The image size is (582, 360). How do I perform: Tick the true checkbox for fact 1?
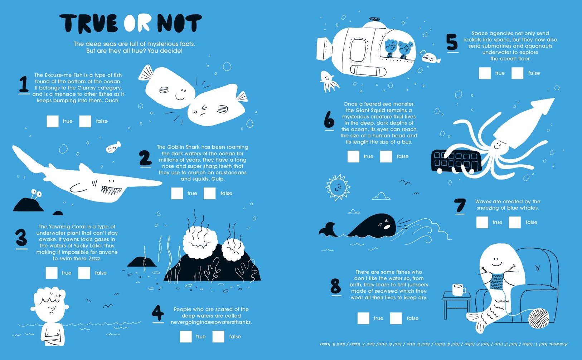pyautogui.click(x=53, y=121)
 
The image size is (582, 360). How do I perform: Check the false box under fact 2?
pyautogui.click(x=210, y=193)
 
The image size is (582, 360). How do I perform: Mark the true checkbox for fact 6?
pyautogui.click(x=353, y=156)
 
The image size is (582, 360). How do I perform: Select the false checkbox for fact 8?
pyautogui.click(x=396, y=318)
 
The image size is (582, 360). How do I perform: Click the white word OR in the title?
pyautogui.click(x=137, y=23)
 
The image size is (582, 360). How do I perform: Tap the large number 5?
pyautogui.click(x=452, y=42)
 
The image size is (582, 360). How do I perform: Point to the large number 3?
pyautogui.click(x=21, y=237)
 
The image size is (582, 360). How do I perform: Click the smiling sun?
pyautogui.click(x=338, y=187)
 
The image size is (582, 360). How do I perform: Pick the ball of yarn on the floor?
pyautogui.click(x=539, y=318)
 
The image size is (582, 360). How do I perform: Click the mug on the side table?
pyautogui.click(x=459, y=290)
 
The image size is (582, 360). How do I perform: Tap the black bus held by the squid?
pyautogui.click(x=456, y=161)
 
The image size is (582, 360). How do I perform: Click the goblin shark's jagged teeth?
pyautogui.click(x=111, y=190)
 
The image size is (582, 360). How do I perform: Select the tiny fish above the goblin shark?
pyautogui.click(x=113, y=147)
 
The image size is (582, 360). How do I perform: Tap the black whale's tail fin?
pyautogui.click(x=328, y=229)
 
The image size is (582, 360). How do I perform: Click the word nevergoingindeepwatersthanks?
pyautogui.click(x=211, y=322)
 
